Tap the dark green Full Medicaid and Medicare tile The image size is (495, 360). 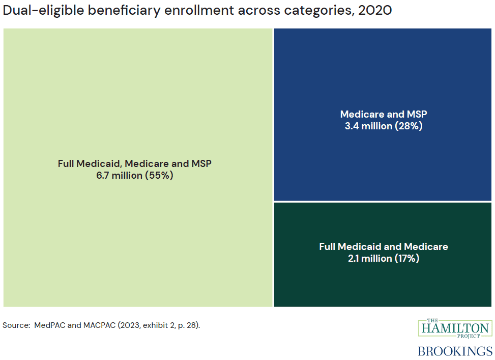(x=384, y=285)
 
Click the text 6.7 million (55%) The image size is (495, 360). (x=134, y=176)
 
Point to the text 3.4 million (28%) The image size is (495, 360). (x=384, y=126)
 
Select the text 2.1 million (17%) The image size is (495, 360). (x=384, y=259)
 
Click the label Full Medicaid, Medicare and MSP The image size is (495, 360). (x=134, y=163)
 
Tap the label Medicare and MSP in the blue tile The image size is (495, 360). (x=384, y=114)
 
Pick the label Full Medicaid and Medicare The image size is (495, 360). (x=384, y=246)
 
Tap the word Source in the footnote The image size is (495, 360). (x=15, y=325)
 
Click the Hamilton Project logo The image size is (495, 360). (x=455, y=328)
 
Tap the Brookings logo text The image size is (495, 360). (x=455, y=351)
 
